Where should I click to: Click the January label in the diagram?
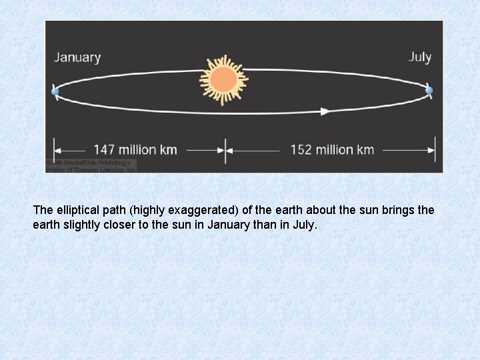pos(77,57)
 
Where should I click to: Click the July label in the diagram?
pos(419,57)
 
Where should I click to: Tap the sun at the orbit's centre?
pos(223,80)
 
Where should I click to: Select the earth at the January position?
pos(55,91)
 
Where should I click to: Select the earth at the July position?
pos(429,90)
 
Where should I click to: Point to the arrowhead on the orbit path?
pos(325,111)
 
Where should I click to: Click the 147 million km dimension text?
pos(135,149)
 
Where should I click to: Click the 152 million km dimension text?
pos(332,149)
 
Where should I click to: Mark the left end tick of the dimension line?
pos(55,149)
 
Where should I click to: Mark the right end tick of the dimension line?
pos(435,149)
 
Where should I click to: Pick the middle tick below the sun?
pos(225,149)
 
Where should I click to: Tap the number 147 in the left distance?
pos(105,149)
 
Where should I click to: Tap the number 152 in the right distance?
pos(301,149)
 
